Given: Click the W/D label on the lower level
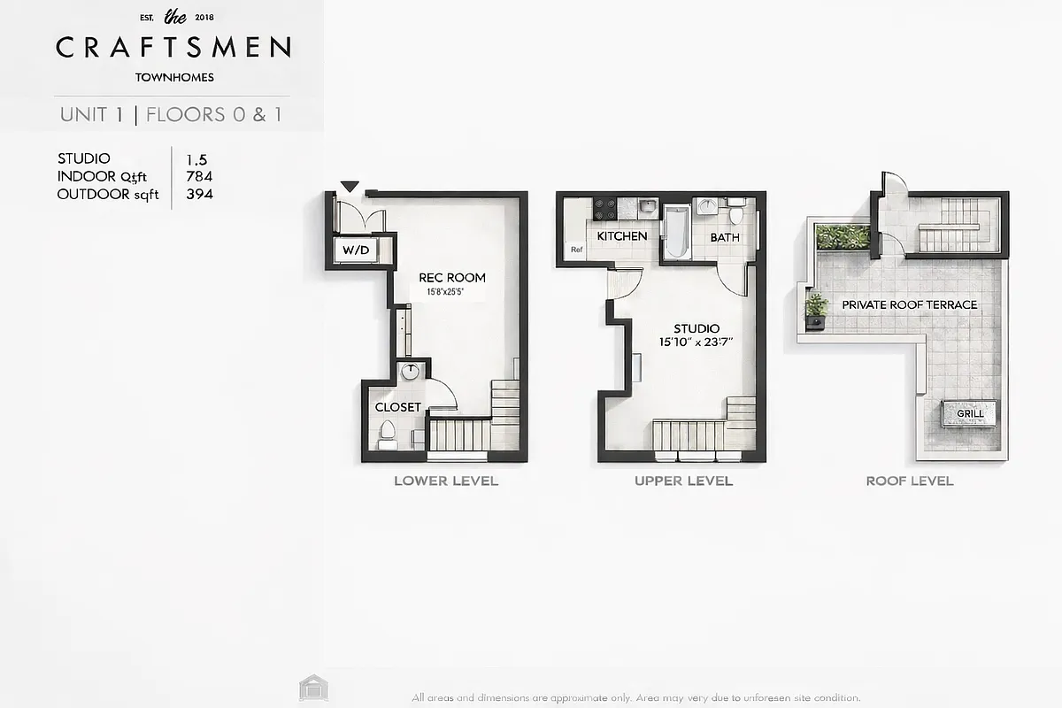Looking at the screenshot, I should coord(356,250).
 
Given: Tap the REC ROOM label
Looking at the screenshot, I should coord(452,277).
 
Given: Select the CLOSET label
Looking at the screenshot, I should coord(398,407).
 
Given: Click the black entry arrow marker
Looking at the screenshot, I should coord(350,187).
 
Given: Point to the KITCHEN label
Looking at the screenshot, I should coord(621,236).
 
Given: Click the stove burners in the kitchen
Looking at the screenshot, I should coord(605,208).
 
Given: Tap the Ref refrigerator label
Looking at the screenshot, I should coord(577,250).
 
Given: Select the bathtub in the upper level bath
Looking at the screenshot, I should coord(677,231).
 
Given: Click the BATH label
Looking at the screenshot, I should coord(725,237).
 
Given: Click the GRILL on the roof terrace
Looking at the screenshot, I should coord(970,413).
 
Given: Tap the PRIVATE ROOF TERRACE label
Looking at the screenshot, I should coord(909,304).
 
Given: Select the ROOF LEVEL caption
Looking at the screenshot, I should coord(909,481).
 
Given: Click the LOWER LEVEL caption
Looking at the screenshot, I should coord(445,481).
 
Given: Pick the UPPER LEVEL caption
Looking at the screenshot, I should coord(683,481).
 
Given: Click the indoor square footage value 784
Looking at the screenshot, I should coord(199,176).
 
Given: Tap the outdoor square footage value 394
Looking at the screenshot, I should coord(199,194).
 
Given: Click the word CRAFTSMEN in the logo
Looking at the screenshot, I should coord(173,47).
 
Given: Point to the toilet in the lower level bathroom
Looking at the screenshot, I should coord(388,431).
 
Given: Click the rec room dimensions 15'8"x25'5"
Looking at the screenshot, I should coord(452,292).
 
